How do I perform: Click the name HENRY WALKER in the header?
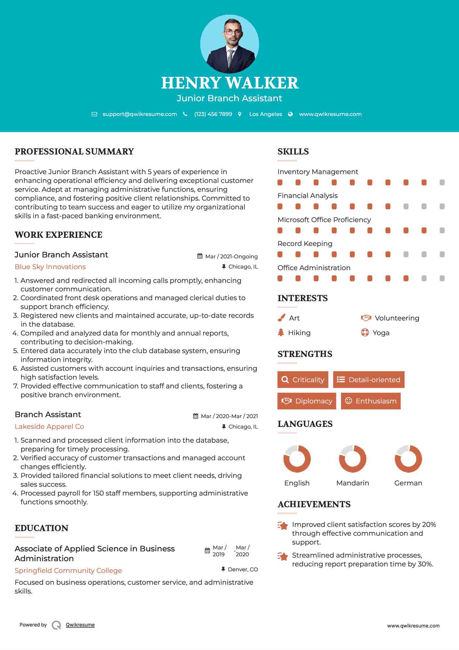pyautogui.click(x=230, y=83)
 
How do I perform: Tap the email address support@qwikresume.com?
pyautogui.click(x=140, y=114)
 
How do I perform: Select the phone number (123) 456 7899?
pyautogui.click(x=213, y=114)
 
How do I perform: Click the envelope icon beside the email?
pyautogui.click(x=94, y=114)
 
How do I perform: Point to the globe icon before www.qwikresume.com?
pyautogui.click(x=290, y=114)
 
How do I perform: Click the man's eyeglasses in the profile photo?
pyautogui.click(x=233, y=32)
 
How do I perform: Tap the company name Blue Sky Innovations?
pyautogui.click(x=50, y=267)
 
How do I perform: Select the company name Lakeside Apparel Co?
pyautogui.click(x=49, y=427)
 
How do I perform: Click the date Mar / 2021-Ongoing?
pyautogui.click(x=231, y=256)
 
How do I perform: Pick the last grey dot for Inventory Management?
pyautogui.click(x=442, y=183)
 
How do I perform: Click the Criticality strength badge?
pyautogui.click(x=303, y=380)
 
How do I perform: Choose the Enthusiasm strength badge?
pyautogui.click(x=371, y=401)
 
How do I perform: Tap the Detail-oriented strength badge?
pyautogui.click(x=369, y=380)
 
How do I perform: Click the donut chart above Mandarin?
pyautogui.click(x=353, y=459)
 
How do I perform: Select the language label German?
pyautogui.click(x=408, y=483)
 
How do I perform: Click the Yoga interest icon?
pyautogui.click(x=365, y=333)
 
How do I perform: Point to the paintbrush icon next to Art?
pyautogui.click(x=281, y=318)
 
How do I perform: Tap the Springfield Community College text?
pyautogui.click(x=68, y=571)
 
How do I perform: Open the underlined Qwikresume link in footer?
pyautogui.click(x=80, y=625)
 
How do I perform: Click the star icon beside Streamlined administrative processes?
pyautogui.click(x=283, y=556)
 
